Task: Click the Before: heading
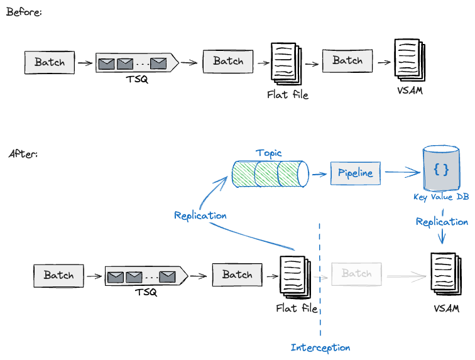tap(24, 12)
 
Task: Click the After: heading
tap(23, 154)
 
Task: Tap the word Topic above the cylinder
tap(269, 153)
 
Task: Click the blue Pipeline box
tap(356, 173)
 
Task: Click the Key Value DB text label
tap(441, 197)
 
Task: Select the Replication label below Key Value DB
tap(442, 222)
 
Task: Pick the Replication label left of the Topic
tap(200, 215)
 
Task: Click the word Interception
tap(320, 347)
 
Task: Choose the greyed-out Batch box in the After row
tap(356, 273)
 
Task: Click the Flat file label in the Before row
tap(288, 95)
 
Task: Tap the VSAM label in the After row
tap(446, 308)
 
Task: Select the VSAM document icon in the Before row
tap(409, 60)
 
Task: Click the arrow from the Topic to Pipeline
tap(319, 172)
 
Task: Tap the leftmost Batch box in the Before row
tap(50, 62)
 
